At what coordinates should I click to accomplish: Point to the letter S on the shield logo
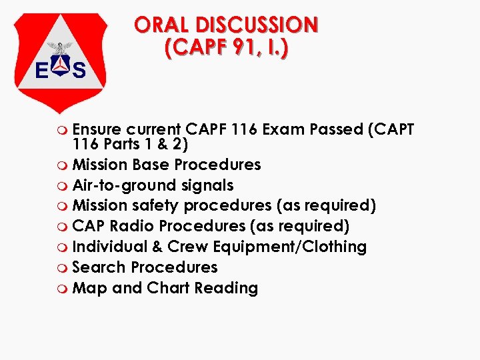point(79,69)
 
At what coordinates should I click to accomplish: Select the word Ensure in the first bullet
point(97,129)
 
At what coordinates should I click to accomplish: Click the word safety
point(151,206)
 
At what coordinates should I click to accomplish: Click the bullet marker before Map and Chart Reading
point(63,289)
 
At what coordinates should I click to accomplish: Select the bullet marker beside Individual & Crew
point(63,248)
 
